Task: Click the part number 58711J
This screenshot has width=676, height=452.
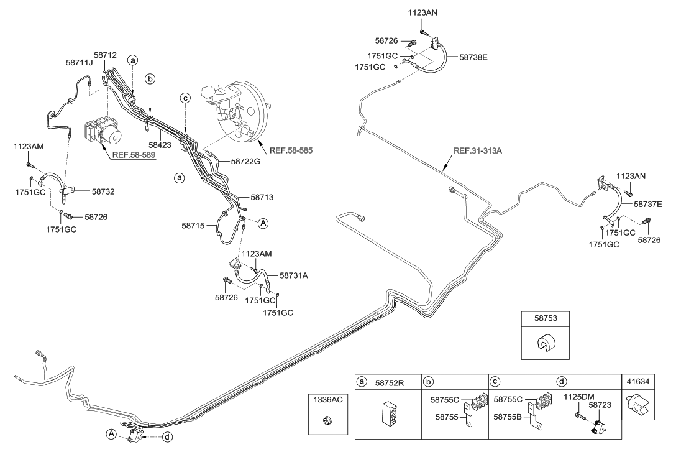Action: pyautogui.click(x=78, y=62)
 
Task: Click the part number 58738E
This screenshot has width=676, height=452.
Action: pyautogui.click(x=473, y=57)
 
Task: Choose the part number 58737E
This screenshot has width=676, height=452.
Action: pyautogui.click(x=648, y=203)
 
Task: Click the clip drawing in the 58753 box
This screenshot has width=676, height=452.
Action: pyautogui.click(x=547, y=344)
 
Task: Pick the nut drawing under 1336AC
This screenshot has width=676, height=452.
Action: pyautogui.click(x=327, y=421)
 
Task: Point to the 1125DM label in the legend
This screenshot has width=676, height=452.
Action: pyautogui.click(x=578, y=395)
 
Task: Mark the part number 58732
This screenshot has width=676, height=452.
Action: pyautogui.click(x=104, y=193)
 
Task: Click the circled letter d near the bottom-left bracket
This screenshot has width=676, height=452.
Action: pyautogui.click(x=168, y=437)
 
